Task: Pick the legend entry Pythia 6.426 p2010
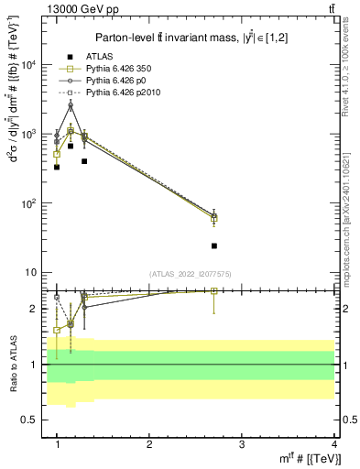click(118, 93)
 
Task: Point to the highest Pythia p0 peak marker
click(71, 105)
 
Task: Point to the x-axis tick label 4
click(333, 443)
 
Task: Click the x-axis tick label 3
click(241, 443)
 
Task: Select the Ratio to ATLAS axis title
click(13, 365)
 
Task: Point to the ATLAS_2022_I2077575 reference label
click(190, 274)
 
